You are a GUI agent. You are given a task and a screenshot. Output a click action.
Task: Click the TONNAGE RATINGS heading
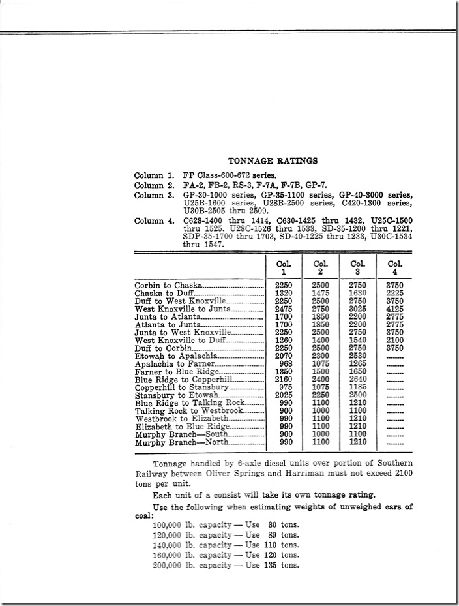tap(273, 160)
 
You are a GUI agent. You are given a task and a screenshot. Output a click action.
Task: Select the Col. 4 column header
tap(395, 267)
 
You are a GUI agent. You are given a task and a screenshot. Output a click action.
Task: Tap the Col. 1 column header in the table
tap(283, 267)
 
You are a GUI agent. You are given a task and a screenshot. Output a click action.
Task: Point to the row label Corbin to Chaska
tap(168, 285)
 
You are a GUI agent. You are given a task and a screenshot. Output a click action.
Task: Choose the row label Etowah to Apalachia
tap(176, 356)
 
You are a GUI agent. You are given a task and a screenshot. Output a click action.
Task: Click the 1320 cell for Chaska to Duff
tap(283, 293)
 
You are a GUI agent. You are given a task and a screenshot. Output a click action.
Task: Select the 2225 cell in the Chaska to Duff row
tap(395, 293)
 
